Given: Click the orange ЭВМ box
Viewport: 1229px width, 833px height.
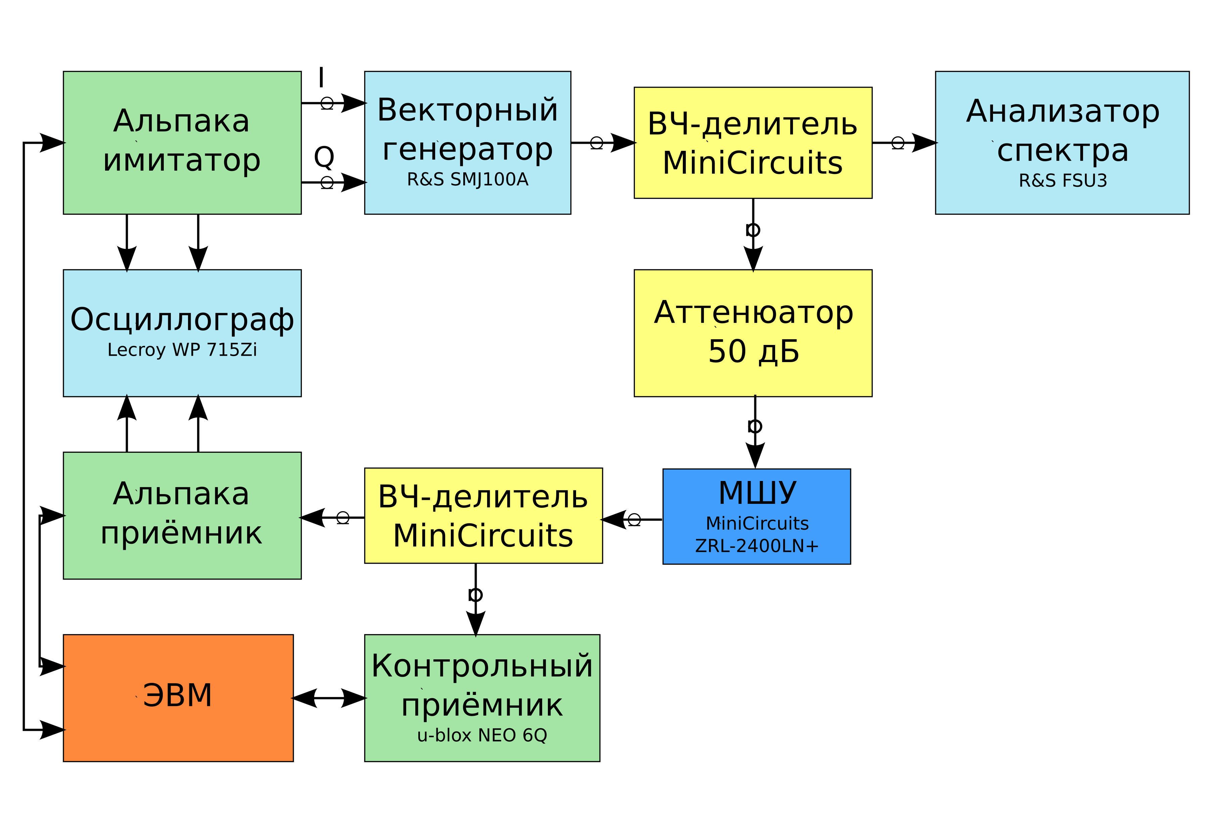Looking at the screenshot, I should point(178,698).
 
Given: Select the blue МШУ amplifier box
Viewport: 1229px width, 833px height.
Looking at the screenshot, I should point(756,516).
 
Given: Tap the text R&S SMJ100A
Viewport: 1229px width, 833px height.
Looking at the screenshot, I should point(468,180).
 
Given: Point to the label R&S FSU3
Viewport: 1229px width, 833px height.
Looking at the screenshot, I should point(1062,181).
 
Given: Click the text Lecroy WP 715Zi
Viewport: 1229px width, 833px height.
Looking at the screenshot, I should point(182,350).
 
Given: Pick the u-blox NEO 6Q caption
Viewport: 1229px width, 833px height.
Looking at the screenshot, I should point(482,735).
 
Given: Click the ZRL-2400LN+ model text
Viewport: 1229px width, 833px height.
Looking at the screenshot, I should point(756,545).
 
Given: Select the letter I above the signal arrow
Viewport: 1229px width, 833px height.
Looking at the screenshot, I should point(321,78).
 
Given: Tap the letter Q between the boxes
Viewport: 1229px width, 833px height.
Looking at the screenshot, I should point(324,157).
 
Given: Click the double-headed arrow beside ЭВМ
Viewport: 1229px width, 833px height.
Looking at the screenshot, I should point(329,698).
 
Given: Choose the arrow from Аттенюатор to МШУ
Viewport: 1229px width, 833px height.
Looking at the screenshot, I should point(755,431).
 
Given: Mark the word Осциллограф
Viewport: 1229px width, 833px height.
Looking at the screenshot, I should point(182,320).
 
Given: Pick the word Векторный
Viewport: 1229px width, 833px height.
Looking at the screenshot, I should point(468,110).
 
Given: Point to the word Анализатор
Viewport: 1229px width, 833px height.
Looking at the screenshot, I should point(1062,111).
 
